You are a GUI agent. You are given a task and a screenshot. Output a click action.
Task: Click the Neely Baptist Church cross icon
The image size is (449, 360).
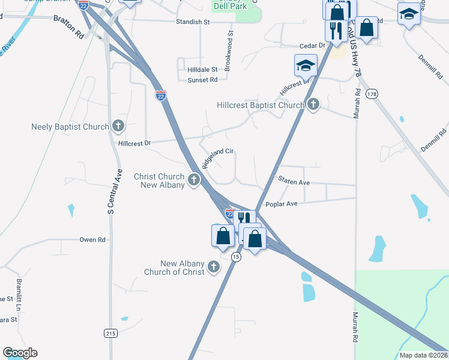pyautogui.click(x=118, y=127)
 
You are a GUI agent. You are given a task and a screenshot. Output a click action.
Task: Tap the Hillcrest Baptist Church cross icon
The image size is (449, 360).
pyautogui.click(x=313, y=105)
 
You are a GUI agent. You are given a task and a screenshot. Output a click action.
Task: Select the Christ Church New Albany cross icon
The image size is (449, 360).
pyautogui.click(x=193, y=179)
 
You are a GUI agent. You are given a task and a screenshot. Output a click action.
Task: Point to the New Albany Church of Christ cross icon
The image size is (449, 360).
pyautogui.click(x=213, y=268)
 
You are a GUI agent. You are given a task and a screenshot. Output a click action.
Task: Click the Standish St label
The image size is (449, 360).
pyautogui.click(x=192, y=22)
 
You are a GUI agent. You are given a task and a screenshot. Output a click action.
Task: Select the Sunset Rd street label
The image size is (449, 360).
pyautogui.click(x=202, y=80)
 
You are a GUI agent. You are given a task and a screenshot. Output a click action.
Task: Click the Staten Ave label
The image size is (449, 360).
pyautogui.click(x=294, y=181)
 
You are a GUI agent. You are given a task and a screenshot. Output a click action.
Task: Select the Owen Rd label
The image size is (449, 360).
pyautogui.click(x=92, y=239)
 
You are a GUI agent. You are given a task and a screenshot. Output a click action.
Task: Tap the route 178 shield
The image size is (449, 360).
pyautogui.click(x=372, y=94)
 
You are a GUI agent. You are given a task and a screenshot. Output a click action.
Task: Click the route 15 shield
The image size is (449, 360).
pyautogui.click(x=236, y=256)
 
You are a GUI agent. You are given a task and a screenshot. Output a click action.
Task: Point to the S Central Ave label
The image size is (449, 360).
pyautogui.click(x=110, y=191)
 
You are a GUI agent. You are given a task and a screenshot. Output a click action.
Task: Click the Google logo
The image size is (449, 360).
pyautogui.click(x=20, y=353)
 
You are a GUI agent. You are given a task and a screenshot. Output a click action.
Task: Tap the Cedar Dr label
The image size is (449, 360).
pyautogui.click(x=312, y=46)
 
